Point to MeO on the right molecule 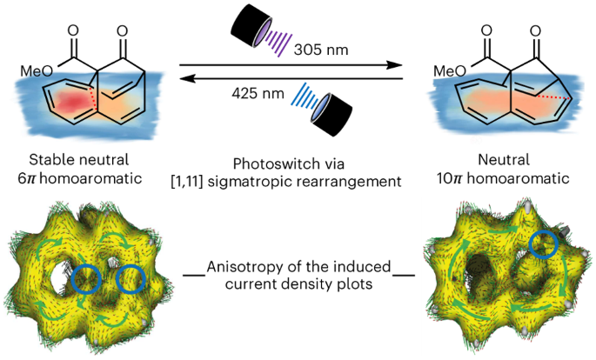[449, 70]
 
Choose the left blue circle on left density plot [85, 280]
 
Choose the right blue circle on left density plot [131, 280]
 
